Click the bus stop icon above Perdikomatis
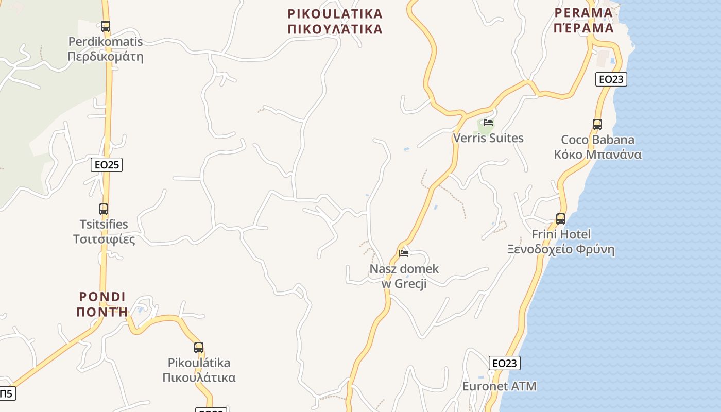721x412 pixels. (x=106, y=26)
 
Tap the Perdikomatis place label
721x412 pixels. (x=106, y=49)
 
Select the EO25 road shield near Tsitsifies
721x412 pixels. (x=107, y=165)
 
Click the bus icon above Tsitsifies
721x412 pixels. (x=104, y=209)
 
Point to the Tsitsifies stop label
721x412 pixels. (x=104, y=232)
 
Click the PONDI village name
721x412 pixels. (x=102, y=304)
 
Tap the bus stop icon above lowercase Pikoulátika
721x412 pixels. (x=199, y=348)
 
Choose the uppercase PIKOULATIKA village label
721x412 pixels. (x=335, y=21)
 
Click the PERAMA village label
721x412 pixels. (x=584, y=20)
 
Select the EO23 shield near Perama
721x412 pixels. (x=611, y=79)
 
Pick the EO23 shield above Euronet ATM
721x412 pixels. (x=504, y=363)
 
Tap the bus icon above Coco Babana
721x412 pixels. (x=597, y=125)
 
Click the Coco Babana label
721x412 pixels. (x=597, y=147)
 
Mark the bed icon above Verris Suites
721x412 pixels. (x=488, y=123)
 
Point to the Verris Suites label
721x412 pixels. (x=488, y=138)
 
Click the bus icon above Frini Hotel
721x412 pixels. (x=561, y=219)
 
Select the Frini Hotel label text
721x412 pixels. (x=561, y=242)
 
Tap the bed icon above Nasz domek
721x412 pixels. (x=404, y=253)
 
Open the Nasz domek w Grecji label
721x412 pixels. (x=404, y=276)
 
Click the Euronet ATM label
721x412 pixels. (x=499, y=386)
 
